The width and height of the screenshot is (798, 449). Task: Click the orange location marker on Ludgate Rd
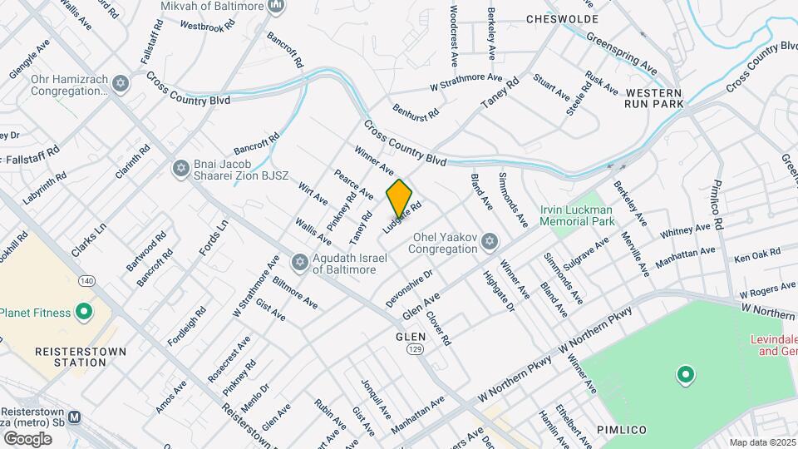pos(399,198)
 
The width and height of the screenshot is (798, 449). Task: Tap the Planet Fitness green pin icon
pos(83,313)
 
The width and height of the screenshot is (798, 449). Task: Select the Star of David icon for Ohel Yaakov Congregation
pos(490,241)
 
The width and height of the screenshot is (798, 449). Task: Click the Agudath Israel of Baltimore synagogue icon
pos(299,263)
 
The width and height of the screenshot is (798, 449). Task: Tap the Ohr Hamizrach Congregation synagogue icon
pos(121,85)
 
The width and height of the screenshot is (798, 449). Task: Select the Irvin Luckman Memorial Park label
pos(578,216)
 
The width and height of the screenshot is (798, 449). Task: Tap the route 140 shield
pos(86,282)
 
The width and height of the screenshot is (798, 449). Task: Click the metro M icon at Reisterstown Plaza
pos(75,417)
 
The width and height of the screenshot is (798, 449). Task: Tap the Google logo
pos(27,438)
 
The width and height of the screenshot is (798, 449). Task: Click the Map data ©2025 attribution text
pos(762,442)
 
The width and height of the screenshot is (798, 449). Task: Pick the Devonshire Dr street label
pos(409,287)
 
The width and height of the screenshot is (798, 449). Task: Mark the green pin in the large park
pos(685,376)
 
